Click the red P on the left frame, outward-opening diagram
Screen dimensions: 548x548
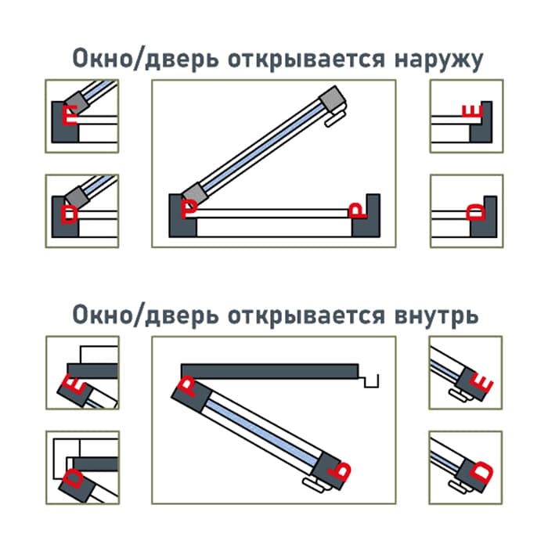coord(189,208)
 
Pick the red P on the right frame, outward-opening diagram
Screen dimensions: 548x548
coord(356,209)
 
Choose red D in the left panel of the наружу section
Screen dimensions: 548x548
coord(70,213)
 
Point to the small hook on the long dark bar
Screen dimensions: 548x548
coord(371,380)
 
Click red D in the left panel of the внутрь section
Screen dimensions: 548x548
coord(72,478)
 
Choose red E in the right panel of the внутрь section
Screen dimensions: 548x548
coord(484,384)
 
